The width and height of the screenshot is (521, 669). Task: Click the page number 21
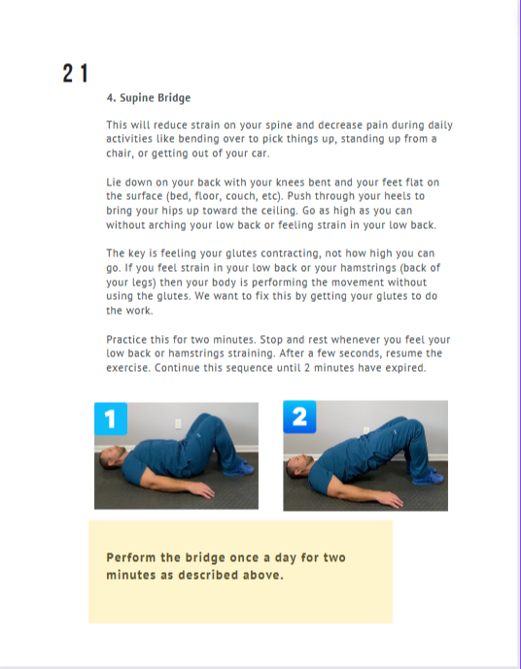(x=75, y=73)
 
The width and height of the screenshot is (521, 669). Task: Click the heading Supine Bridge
(x=155, y=98)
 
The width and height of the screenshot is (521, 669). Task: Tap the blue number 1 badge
(x=111, y=418)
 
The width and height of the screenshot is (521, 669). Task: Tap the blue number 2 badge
(x=299, y=417)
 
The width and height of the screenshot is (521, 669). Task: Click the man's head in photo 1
(x=113, y=458)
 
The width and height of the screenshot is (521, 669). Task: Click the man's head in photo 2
(x=299, y=465)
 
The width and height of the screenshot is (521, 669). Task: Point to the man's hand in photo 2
(x=391, y=499)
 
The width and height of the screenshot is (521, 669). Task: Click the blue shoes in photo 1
(x=238, y=469)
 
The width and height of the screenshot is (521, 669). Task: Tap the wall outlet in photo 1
(x=178, y=423)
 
